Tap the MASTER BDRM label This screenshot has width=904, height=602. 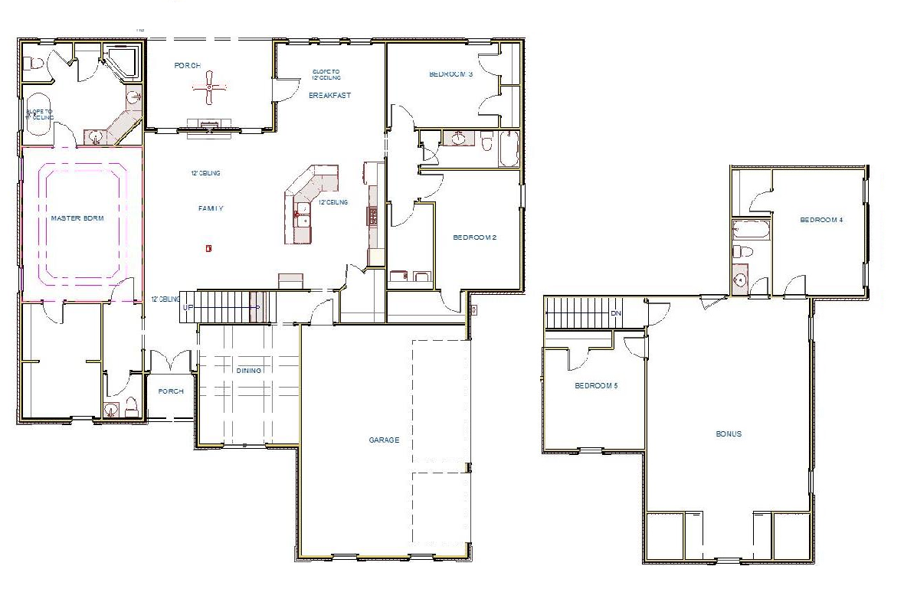(x=77, y=218)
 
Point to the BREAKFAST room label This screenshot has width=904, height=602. (x=329, y=96)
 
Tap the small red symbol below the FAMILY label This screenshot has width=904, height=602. (x=208, y=247)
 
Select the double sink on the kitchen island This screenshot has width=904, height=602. (x=303, y=214)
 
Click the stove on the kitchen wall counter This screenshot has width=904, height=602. (x=373, y=215)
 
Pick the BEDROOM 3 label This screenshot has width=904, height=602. (x=450, y=74)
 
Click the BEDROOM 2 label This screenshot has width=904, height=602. (x=475, y=237)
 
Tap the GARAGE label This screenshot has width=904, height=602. (x=384, y=440)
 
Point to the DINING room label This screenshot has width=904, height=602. (x=248, y=371)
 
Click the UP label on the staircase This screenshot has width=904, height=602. (x=188, y=308)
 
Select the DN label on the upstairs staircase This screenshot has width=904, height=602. (x=615, y=314)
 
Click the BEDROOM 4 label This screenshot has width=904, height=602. (x=820, y=221)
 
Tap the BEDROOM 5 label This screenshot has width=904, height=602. (x=596, y=386)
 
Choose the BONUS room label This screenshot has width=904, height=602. (x=728, y=434)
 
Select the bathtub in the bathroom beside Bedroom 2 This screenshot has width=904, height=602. (x=508, y=148)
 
